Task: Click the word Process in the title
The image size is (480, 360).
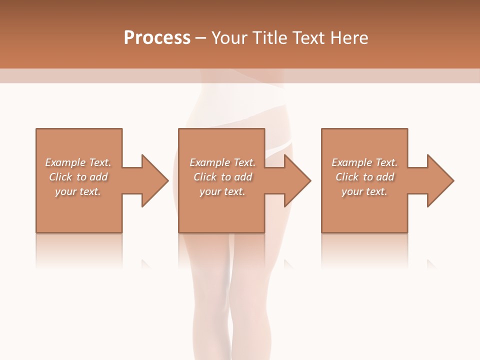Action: [x=157, y=37]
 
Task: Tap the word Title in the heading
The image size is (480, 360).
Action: [x=267, y=37]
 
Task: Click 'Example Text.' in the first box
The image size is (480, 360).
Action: [x=78, y=162]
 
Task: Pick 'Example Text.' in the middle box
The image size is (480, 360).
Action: [x=222, y=162]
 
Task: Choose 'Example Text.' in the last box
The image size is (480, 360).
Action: [x=364, y=162]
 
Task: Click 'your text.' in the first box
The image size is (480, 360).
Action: [x=78, y=191]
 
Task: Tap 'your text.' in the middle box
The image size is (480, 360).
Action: [x=222, y=191]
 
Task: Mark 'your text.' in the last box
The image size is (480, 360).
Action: [x=364, y=191]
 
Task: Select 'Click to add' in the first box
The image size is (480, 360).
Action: [x=78, y=177]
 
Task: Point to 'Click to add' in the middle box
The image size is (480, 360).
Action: [x=222, y=177]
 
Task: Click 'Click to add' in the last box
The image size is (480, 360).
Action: [x=364, y=177]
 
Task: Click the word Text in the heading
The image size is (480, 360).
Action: [x=308, y=37]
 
